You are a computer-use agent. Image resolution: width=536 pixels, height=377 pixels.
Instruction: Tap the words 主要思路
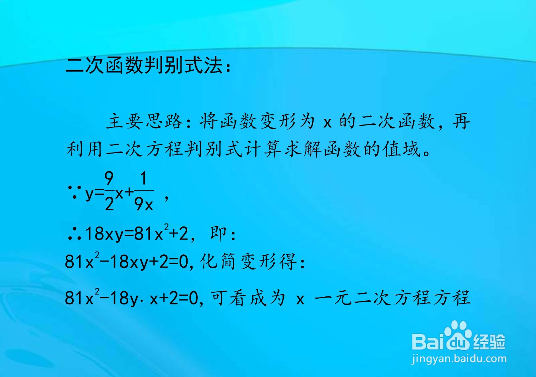point(144,121)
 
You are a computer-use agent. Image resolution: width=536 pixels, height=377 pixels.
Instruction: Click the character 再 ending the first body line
point(462,121)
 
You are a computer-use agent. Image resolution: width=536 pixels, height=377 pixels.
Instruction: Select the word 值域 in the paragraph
point(402,149)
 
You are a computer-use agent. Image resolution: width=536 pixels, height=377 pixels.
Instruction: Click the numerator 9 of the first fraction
point(109,178)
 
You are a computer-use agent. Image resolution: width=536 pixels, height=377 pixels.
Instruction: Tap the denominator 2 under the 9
point(109,204)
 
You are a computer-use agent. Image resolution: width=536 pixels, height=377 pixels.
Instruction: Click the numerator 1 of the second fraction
point(143,178)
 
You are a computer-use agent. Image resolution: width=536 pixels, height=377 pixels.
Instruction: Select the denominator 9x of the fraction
point(143,204)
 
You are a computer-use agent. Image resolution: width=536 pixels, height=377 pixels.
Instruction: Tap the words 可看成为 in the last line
point(248,298)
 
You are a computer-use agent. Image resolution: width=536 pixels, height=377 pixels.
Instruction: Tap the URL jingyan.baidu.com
point(459,359)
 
